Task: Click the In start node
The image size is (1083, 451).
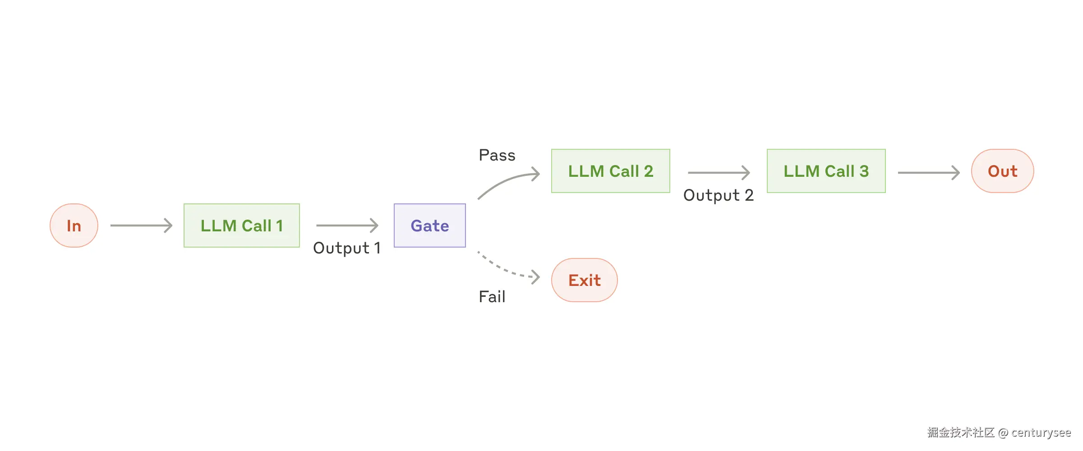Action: pyautogui.click(x=74, y=225)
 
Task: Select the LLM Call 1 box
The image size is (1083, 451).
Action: pyautogui.click(x=242, y=225)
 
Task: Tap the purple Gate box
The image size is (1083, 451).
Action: pyautogui.click(x=429, y=225)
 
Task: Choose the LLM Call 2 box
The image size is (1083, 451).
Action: pyautogui.click(x=610, y=171)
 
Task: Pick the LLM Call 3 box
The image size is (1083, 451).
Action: pyautogui.click(x=826, y=171)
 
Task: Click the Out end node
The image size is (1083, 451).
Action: pyautogui.click(x=1002, y=171)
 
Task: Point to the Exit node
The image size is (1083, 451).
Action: pyautogui.click(x=584, y=280)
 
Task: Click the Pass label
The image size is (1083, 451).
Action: pyautogui.click(x=497, y=155)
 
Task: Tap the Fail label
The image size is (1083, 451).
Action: pyautogui.click(x=492, y=297)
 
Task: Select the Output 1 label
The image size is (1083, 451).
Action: pyautogui.click(x=346, y=248)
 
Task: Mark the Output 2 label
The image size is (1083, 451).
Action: pyautogui.click(x=718, y=195)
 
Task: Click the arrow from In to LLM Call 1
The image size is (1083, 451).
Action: pyautogui.click(x=141, y=225)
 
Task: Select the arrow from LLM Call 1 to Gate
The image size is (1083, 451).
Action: pyautogui.click(x=347, y=225)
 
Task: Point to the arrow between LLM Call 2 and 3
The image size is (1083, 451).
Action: pyautogui.click(x=719, y=172)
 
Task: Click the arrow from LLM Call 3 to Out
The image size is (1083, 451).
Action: pyautogui.click(x=928, y=172)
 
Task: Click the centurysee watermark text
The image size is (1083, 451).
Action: pyautogui.click(x=1041, y=433)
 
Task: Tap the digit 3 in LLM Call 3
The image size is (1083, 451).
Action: pyautogui.click(x=864, y=171)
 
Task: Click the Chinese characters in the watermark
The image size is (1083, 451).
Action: pyautogui.click(x=961, y=433)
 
